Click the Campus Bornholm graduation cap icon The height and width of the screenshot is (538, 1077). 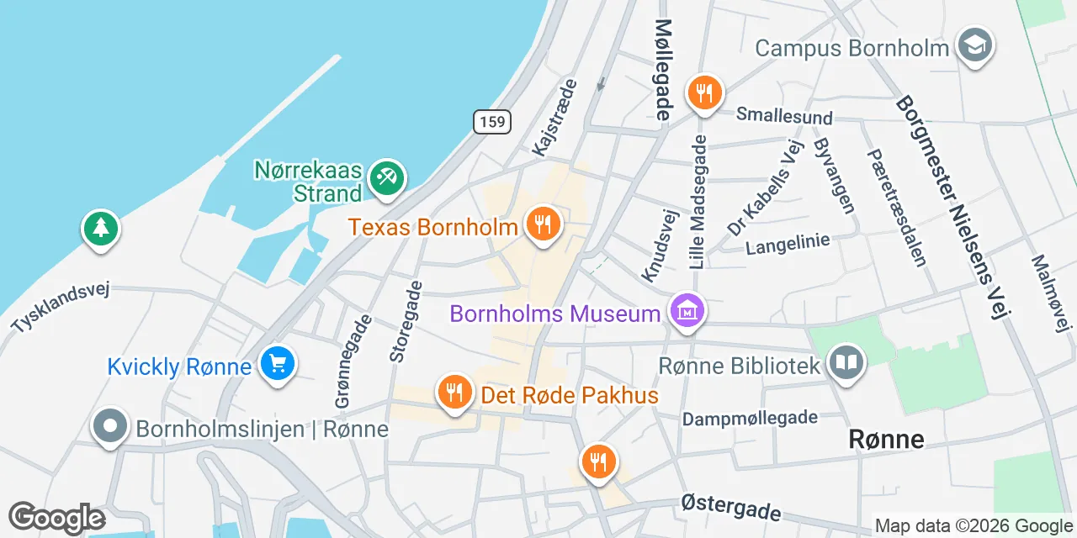976,45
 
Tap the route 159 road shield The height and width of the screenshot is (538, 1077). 491,122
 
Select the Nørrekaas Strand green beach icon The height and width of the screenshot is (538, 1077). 387,178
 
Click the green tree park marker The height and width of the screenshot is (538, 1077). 101,228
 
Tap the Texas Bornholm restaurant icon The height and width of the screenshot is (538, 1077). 544,224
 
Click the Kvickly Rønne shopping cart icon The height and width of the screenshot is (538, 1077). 277,365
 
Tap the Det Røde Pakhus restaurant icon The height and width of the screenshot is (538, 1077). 454,392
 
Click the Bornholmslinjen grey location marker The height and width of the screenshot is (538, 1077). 110,426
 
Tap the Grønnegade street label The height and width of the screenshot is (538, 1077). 353,362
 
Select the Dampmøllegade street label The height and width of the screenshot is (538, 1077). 750,418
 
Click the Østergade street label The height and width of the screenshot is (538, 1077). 730,506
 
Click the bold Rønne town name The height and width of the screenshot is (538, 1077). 886,439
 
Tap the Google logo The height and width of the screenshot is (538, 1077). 56,518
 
